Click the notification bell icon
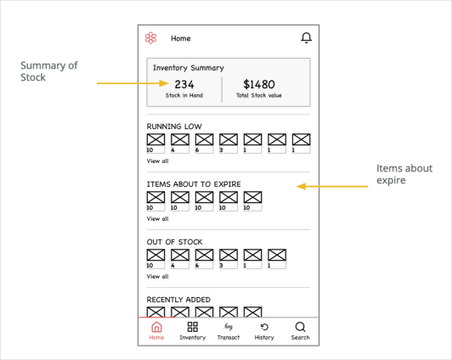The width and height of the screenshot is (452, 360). [x=306, y=38]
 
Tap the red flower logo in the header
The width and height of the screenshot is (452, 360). [x=150, y=38]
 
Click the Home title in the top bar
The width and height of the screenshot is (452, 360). [x=181, y=38]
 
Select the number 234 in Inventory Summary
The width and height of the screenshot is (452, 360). [x=184, y=84]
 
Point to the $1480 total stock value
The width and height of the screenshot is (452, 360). [x=259, y=84]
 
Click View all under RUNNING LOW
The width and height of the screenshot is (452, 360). [x=157, y=160]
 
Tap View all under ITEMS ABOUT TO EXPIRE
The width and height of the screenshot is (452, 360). [x=157, y=218]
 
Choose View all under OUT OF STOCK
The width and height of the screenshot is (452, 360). [x=157, y=276]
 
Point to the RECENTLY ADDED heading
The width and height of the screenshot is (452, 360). [x=178, y=300]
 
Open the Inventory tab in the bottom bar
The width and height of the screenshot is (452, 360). [x=193, y=329]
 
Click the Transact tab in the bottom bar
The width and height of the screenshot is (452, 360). [x=229, y=329]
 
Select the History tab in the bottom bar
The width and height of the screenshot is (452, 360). [x=264, y=329]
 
